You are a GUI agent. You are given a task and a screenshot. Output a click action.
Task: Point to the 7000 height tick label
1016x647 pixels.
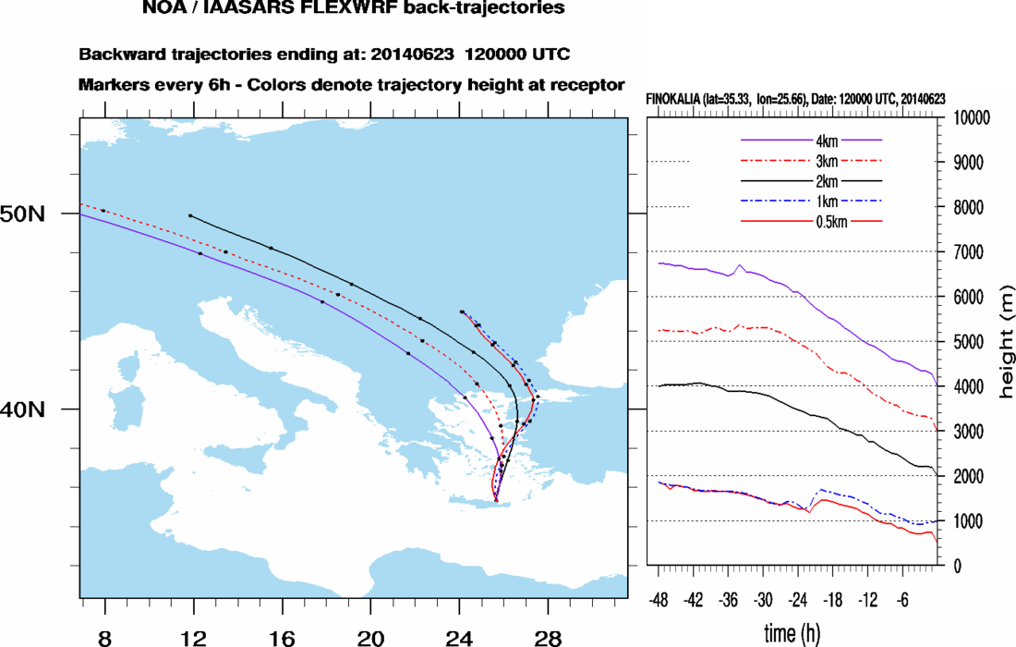pos(963,252)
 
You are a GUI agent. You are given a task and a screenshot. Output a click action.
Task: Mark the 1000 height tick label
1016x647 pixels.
pos(963,521)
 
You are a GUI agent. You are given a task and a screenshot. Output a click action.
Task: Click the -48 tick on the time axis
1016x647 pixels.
pos(659,598)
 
